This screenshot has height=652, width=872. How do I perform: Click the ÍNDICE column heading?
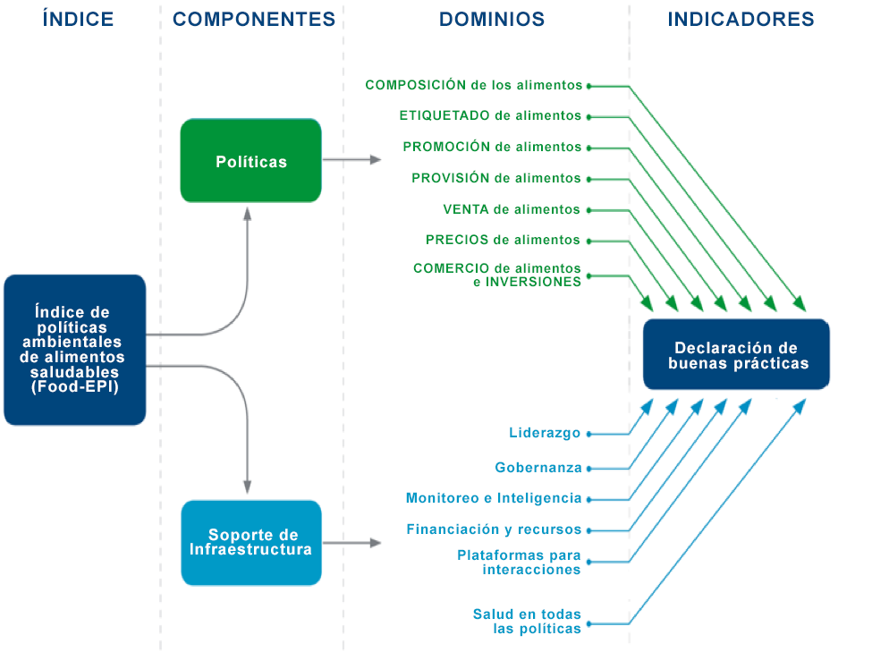pyautogui.click(x=78, y=19)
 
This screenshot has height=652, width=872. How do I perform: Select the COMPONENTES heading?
pyautogui.click(x=254, y=19)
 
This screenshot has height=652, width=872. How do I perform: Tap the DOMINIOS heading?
pyautogui.click(x=492, y=19)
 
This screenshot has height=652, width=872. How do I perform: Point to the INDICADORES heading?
pyautogui.click(x=741, y=19)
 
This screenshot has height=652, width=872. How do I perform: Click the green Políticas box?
pyautogui.click(x=250, y=160)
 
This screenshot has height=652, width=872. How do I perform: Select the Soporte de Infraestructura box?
pyautogui.click(x=251, y=542)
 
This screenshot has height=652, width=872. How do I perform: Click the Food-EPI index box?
pyautogui.click(x=75, y=350)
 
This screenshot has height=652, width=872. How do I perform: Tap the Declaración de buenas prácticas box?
pyautogui.click(x=736, y=354)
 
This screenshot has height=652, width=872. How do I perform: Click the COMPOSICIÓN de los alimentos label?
pyautogui.click(x=474, y=85)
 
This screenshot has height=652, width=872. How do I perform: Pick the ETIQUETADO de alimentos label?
pyautogui.click(x=490, y=115)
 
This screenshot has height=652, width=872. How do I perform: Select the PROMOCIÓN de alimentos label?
pyautogui.click(x=492, y=147)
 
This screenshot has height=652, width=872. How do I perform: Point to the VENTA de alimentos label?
pyautogui.click(x=512, y=209)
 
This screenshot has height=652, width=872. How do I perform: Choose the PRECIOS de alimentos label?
pyautogui.click(x=503, y=240)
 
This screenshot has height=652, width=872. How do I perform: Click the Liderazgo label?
pyautogui.click(x=545, y=433)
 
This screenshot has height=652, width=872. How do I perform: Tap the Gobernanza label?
pyautogui.click(x=538, y=467)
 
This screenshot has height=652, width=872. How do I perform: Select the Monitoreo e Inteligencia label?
pyautogui.click(x=494, y=498)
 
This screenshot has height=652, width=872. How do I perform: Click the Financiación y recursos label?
pyautogui.click(x=494, y=529)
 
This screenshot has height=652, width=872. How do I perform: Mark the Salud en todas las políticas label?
pyautogui.click(x=527, y=622)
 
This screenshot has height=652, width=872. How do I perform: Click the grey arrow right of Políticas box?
pyautogui.click(x=352, y=160)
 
